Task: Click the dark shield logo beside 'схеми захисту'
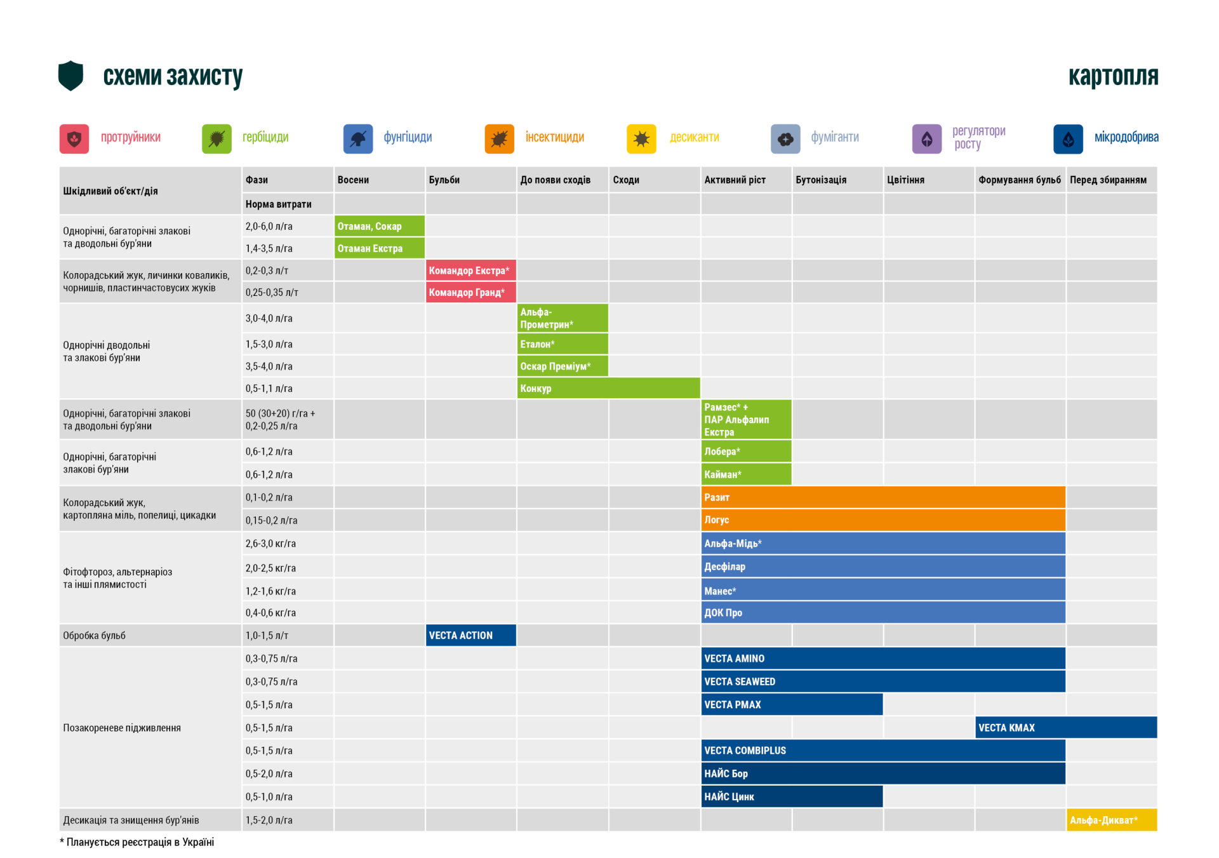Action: coord(70,76)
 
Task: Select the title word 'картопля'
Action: coord(1113,76)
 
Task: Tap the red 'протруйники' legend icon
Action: coord(74,138)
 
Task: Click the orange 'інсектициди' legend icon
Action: coord(499,138)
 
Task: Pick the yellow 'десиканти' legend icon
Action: coord(641,138)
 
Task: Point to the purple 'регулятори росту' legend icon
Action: coord(926,138)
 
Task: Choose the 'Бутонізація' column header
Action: coord(821,180)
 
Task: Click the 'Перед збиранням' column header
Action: coord(1108,180)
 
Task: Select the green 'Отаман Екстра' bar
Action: coord(379,248)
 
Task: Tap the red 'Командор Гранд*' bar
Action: coord(470,292)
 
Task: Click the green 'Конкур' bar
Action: coord(608,388)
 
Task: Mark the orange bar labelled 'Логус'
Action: coord(883,519)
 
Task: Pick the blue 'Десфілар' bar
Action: coord(883,566)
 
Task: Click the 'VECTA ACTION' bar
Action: coord(470,635)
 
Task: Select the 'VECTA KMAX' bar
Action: coord(1066,728)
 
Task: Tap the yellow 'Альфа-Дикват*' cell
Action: coord(1112,820)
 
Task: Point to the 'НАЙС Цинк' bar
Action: coord(792,796)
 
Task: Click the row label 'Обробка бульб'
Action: coord(95,635)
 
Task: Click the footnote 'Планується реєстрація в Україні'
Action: coord(140,842)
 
